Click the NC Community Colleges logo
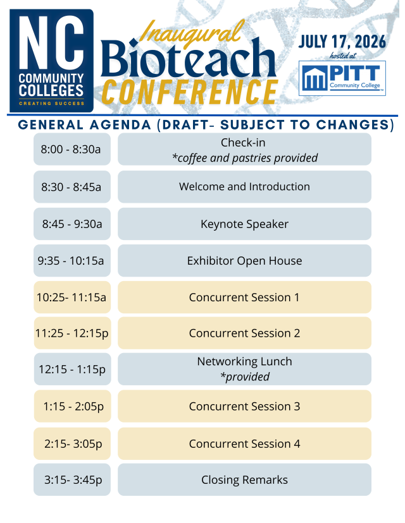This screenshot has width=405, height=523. (51, 60)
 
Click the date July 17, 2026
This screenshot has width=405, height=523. (342, 42)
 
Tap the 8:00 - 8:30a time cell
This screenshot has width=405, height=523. (72, 149)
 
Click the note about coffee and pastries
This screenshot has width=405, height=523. (244, 158)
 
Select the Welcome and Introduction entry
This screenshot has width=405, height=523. (244, 186)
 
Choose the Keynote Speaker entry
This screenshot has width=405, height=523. (244, 224)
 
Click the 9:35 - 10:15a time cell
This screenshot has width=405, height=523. (72, 260)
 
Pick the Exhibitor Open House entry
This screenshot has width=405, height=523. (244, 260)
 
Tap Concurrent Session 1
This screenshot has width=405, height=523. (244, 297)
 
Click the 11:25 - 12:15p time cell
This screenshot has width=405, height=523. (72, 333)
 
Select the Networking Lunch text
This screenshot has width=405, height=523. (244, 361)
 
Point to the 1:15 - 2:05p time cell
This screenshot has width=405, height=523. (72, 406)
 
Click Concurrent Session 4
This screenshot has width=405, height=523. (244, 443)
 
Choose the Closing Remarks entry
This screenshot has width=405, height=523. (244, 480)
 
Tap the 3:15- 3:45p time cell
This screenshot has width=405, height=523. (72, 480)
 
